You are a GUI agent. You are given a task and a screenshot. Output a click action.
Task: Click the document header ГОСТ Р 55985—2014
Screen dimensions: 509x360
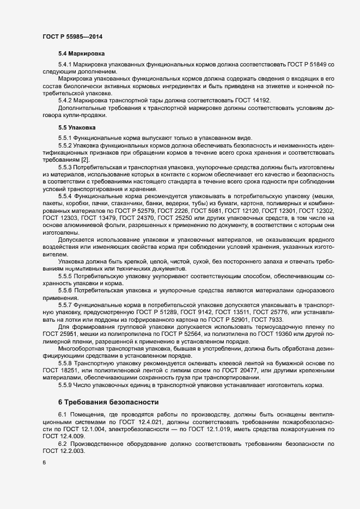[72, 36]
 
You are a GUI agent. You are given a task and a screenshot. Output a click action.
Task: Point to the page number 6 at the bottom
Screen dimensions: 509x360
[44, 463]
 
